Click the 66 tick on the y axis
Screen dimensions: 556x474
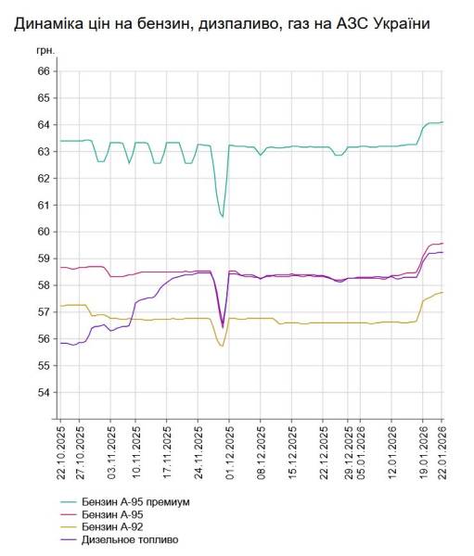point(43,71)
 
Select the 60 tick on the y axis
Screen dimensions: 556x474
point(43,232)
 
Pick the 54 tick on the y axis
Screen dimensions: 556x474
point(43,392)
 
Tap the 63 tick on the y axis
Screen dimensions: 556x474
point(43,152)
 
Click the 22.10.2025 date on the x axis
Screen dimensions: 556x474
point(61,449)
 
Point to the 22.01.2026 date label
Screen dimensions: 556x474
point(442,449)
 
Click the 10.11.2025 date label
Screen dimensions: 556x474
point(135,449)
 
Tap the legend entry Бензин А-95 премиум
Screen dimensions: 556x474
point(135,501)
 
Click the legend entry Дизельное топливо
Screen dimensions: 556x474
point(129,539)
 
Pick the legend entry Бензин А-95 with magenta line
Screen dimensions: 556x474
point(114,514)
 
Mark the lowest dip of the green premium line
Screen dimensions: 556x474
point(223,217)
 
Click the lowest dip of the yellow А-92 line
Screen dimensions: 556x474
point(222,346)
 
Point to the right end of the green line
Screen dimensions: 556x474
point(442,122)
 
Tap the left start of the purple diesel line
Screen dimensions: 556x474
point(61,343)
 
